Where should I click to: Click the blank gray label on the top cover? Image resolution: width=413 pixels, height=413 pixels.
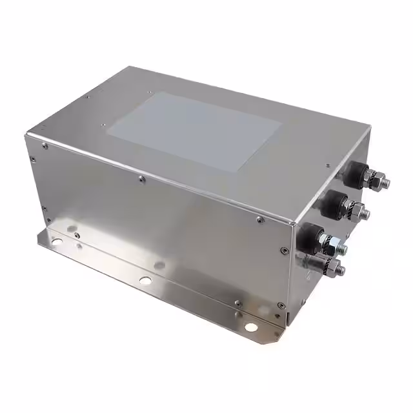click(x=194, y=131)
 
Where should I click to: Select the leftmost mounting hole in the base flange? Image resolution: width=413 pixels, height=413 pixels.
click(x=57, y=241)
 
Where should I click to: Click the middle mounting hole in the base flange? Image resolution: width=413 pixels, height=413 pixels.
click(x=146, y=280)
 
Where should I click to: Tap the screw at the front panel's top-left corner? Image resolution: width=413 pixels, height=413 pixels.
click(x=45, y=146)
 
